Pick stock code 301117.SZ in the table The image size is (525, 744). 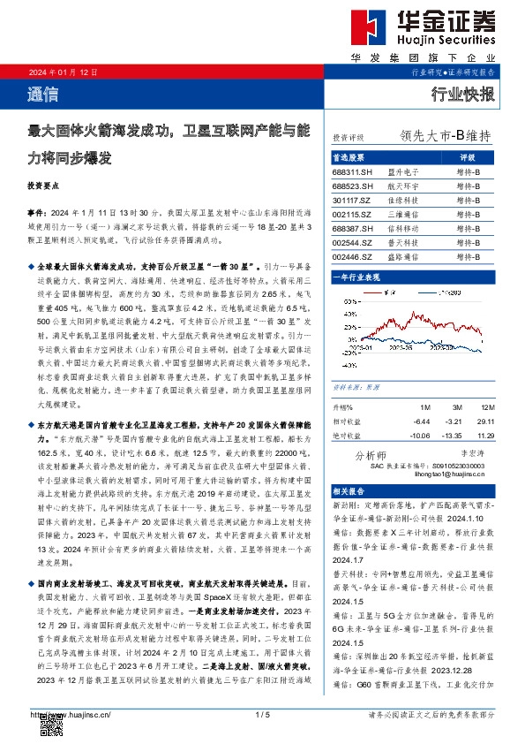[x=352, y=200]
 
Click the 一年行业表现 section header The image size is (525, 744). [x=356, y=277]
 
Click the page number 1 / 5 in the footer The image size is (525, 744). [x=261, y=714]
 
